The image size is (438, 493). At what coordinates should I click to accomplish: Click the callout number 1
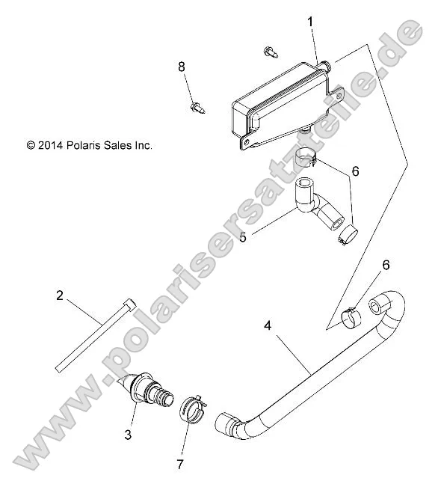click(309, 22)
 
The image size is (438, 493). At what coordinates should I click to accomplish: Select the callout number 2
click(60, 296)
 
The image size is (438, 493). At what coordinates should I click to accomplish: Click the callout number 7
click(179, 465)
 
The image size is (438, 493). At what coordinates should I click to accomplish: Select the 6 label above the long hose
click(386, 265)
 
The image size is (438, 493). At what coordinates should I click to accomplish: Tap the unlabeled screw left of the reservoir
click(269, 52)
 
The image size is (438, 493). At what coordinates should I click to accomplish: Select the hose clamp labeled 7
click(191, 408)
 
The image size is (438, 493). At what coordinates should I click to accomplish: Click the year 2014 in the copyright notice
click(52, 146)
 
